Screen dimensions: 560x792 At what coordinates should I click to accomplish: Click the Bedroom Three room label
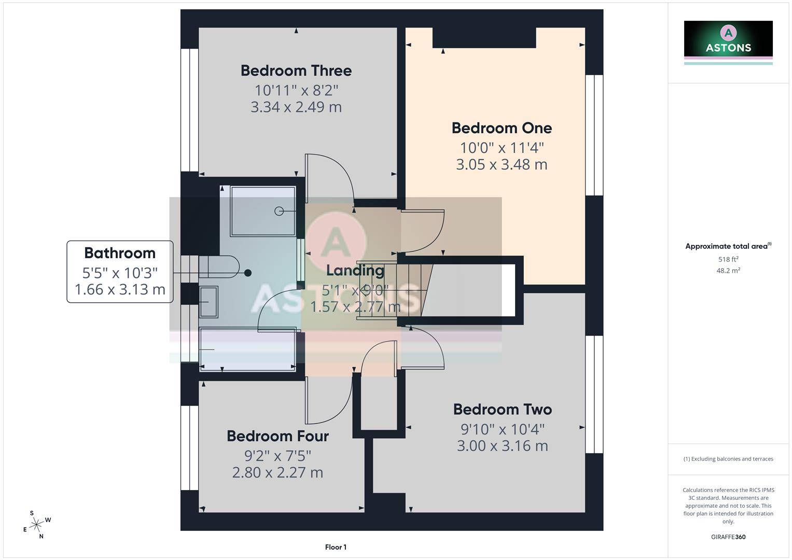[296, 71]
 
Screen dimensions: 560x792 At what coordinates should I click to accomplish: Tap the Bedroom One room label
[502, 128]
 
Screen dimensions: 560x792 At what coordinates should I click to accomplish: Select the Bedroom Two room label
[502, 410]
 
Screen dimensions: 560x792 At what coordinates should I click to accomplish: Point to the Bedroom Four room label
[277, 436]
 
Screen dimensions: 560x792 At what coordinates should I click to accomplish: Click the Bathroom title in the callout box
[120, 253]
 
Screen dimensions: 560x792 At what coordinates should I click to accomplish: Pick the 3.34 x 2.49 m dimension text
[296, 107]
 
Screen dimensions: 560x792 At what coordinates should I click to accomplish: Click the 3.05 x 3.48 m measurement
[502, 164]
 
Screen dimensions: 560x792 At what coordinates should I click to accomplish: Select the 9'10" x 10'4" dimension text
[502, 429]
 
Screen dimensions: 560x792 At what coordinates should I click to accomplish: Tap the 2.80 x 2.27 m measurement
[277, 472]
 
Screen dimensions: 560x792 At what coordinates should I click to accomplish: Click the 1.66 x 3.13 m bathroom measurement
[120, 289]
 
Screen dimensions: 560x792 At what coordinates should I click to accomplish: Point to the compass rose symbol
[36, 525]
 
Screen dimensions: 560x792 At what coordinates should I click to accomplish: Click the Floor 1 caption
[336, 547]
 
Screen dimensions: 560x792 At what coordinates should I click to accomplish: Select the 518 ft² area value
[728, 259]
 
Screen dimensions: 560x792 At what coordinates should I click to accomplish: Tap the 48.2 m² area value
[728, 271]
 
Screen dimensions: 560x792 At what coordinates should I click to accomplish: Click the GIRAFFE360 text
[728, 537]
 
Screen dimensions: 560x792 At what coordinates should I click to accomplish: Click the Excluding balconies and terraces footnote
[728, 459]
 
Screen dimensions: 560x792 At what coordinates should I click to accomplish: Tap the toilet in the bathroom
[220, 267]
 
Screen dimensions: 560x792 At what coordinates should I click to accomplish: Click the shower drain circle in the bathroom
[279, 211]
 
